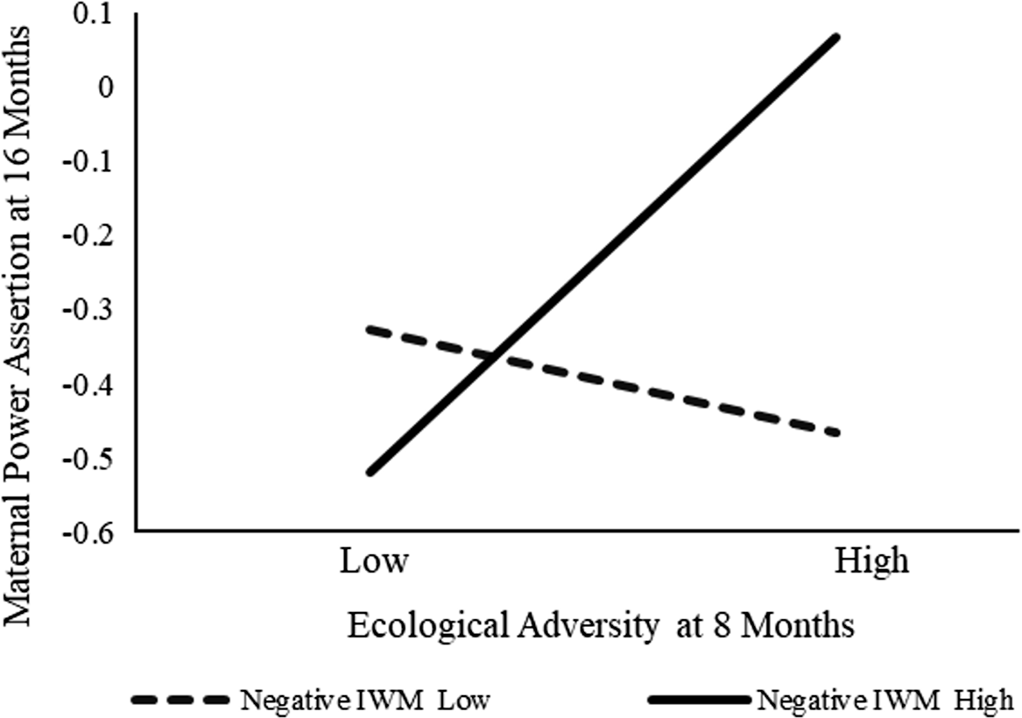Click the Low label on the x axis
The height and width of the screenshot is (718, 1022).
click(373, 562)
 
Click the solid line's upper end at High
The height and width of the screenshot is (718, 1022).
click(837, 38)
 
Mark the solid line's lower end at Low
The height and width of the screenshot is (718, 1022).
click(370, 472)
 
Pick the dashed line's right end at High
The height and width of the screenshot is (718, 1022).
click(837, 433)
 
